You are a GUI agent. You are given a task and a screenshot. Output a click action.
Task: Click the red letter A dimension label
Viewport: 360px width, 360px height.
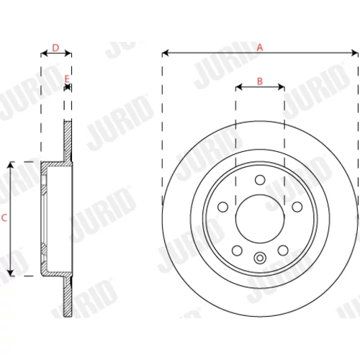click(260, 48)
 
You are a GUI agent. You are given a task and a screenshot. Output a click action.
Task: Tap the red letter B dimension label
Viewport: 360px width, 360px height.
click(260, 81)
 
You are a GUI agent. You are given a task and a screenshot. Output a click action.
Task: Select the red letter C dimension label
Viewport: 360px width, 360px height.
click(4, 218)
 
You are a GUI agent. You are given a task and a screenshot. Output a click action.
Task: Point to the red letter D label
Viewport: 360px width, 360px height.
click(55, 48)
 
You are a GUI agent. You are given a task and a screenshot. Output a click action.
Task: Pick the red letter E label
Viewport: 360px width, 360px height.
click(67, 78)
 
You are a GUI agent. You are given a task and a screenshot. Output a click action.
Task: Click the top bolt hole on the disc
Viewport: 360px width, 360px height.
click(260, 180)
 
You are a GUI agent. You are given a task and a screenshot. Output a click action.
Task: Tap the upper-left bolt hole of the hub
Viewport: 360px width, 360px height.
click(222, 207)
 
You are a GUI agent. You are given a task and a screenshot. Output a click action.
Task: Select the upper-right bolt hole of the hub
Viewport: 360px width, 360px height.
click(297, 207)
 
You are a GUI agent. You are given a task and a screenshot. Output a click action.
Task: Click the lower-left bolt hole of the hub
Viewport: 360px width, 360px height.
click(237, 251)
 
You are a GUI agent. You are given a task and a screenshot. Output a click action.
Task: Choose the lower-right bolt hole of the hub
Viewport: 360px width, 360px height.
click(283, 251)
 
